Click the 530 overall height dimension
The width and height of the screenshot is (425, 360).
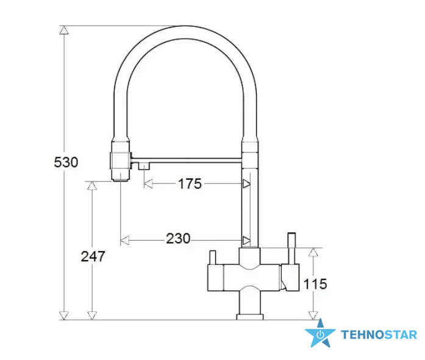(x=66, y=163)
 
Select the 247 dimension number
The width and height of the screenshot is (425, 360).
(x=93, y=256)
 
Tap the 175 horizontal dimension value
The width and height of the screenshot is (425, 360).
(x=190, y=184)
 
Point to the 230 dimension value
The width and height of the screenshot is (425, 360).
(x=178, y=238)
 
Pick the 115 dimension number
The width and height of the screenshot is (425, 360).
(x=315, y=284)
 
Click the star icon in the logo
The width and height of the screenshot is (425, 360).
(x=320, y=333)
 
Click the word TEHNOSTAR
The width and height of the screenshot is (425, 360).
(x=379, y=335)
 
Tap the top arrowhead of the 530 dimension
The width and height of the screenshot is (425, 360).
(x=64, y=30)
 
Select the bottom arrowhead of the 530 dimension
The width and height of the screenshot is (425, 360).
(x=64, y=316)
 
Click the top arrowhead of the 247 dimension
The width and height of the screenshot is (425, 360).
(x=92, y=185)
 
